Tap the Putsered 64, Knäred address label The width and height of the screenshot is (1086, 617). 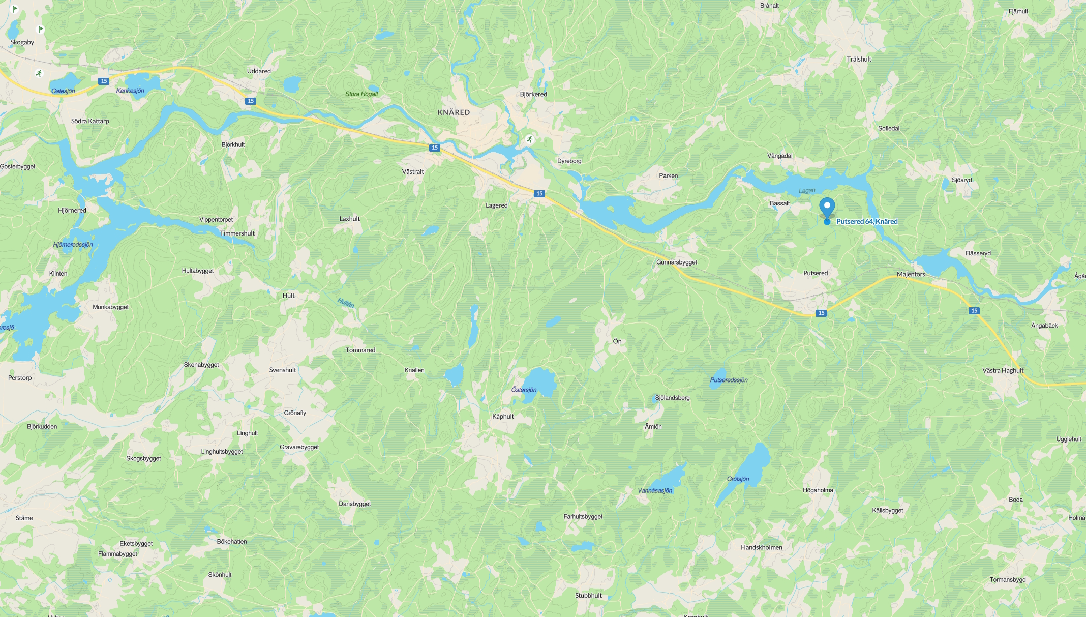[x=867, y=221]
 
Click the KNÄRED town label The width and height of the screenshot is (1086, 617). [x=454, y=112]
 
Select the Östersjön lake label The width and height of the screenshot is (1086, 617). [x=524, y=390]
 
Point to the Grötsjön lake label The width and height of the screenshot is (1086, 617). [x=738, y=479]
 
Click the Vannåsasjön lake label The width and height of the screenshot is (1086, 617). [x=655, y=490]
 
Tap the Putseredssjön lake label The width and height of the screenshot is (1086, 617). [x=729, y=380]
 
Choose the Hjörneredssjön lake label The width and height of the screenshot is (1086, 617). [x=73, y=245]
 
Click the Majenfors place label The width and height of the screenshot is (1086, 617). [x=911, y=274]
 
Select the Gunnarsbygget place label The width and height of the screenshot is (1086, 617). [x=676, y=262]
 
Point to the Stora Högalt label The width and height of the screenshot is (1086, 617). [x=361, y=94]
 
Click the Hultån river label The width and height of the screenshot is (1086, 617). [x=346, y=303]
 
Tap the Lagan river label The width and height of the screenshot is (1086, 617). [x=807, y=191]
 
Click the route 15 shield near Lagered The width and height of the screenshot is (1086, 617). [x=539, y=193]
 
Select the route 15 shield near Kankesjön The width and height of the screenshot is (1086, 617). [x=104, y=81]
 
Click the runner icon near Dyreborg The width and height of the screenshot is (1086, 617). [x=530, y=139]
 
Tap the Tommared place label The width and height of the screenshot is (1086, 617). [x=360, y=350]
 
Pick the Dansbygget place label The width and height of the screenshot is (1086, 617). [x=354, y=504]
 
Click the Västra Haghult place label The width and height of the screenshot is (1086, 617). [x=1003, y=370]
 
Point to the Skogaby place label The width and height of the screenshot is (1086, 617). [x=22, y=42]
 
